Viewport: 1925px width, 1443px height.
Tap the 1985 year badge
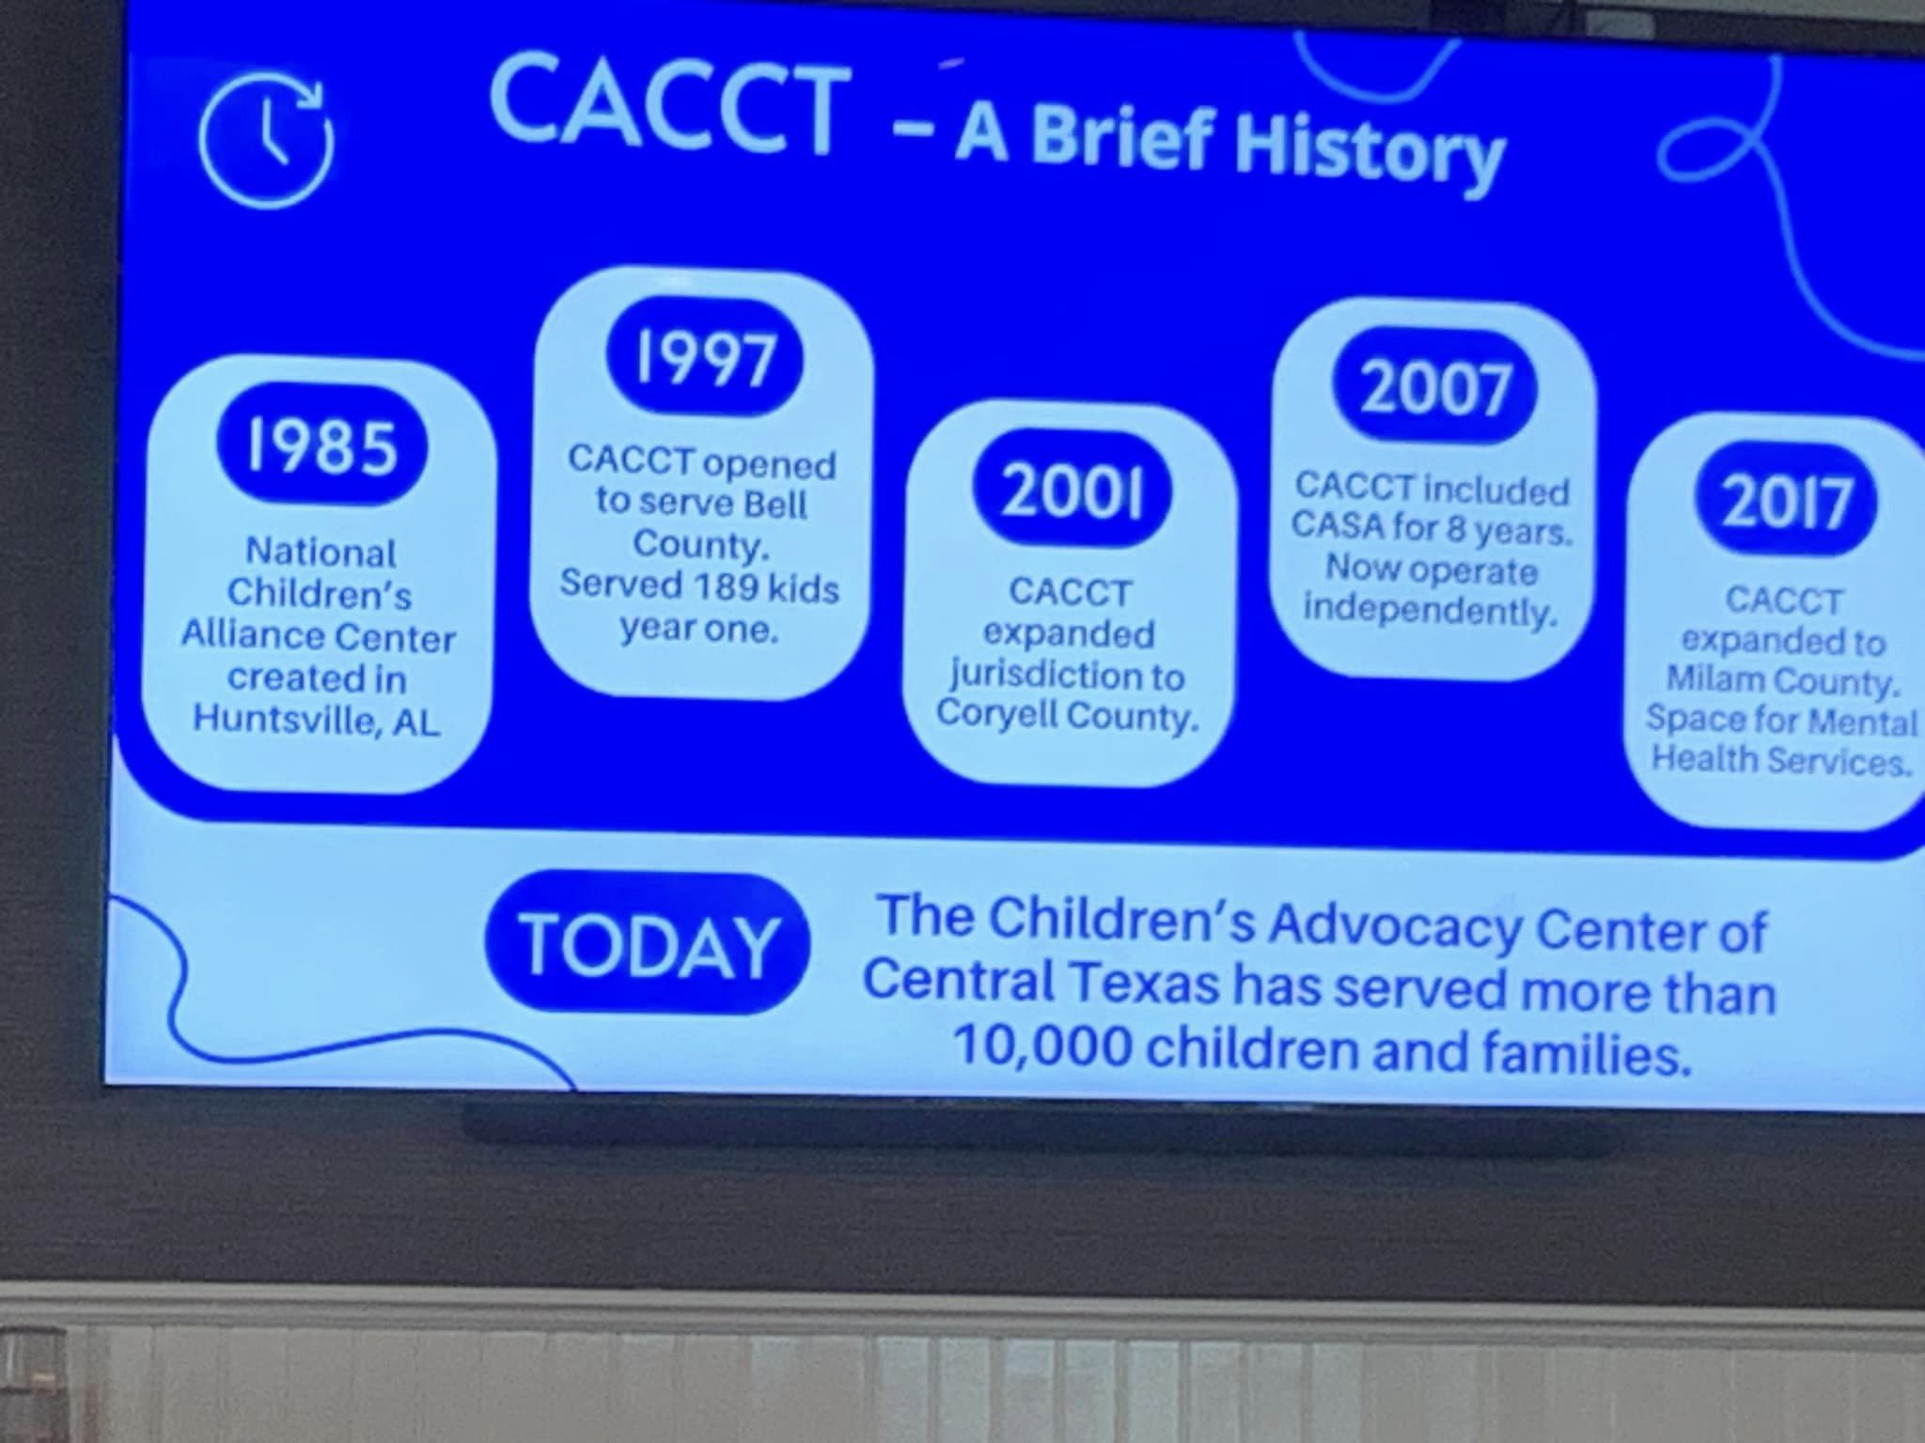pos(321,444)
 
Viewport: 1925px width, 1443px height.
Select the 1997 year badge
pos(706,356)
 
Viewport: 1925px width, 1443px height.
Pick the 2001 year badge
pos(1072,491)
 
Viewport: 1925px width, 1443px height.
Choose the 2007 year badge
pos(1435,387)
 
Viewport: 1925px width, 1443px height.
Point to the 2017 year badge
pos(1786,501)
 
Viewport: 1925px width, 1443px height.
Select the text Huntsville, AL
pos(317,720)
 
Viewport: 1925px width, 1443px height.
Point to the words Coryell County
pos(1068,715)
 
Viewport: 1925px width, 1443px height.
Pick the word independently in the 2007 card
pos(1431,610)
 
